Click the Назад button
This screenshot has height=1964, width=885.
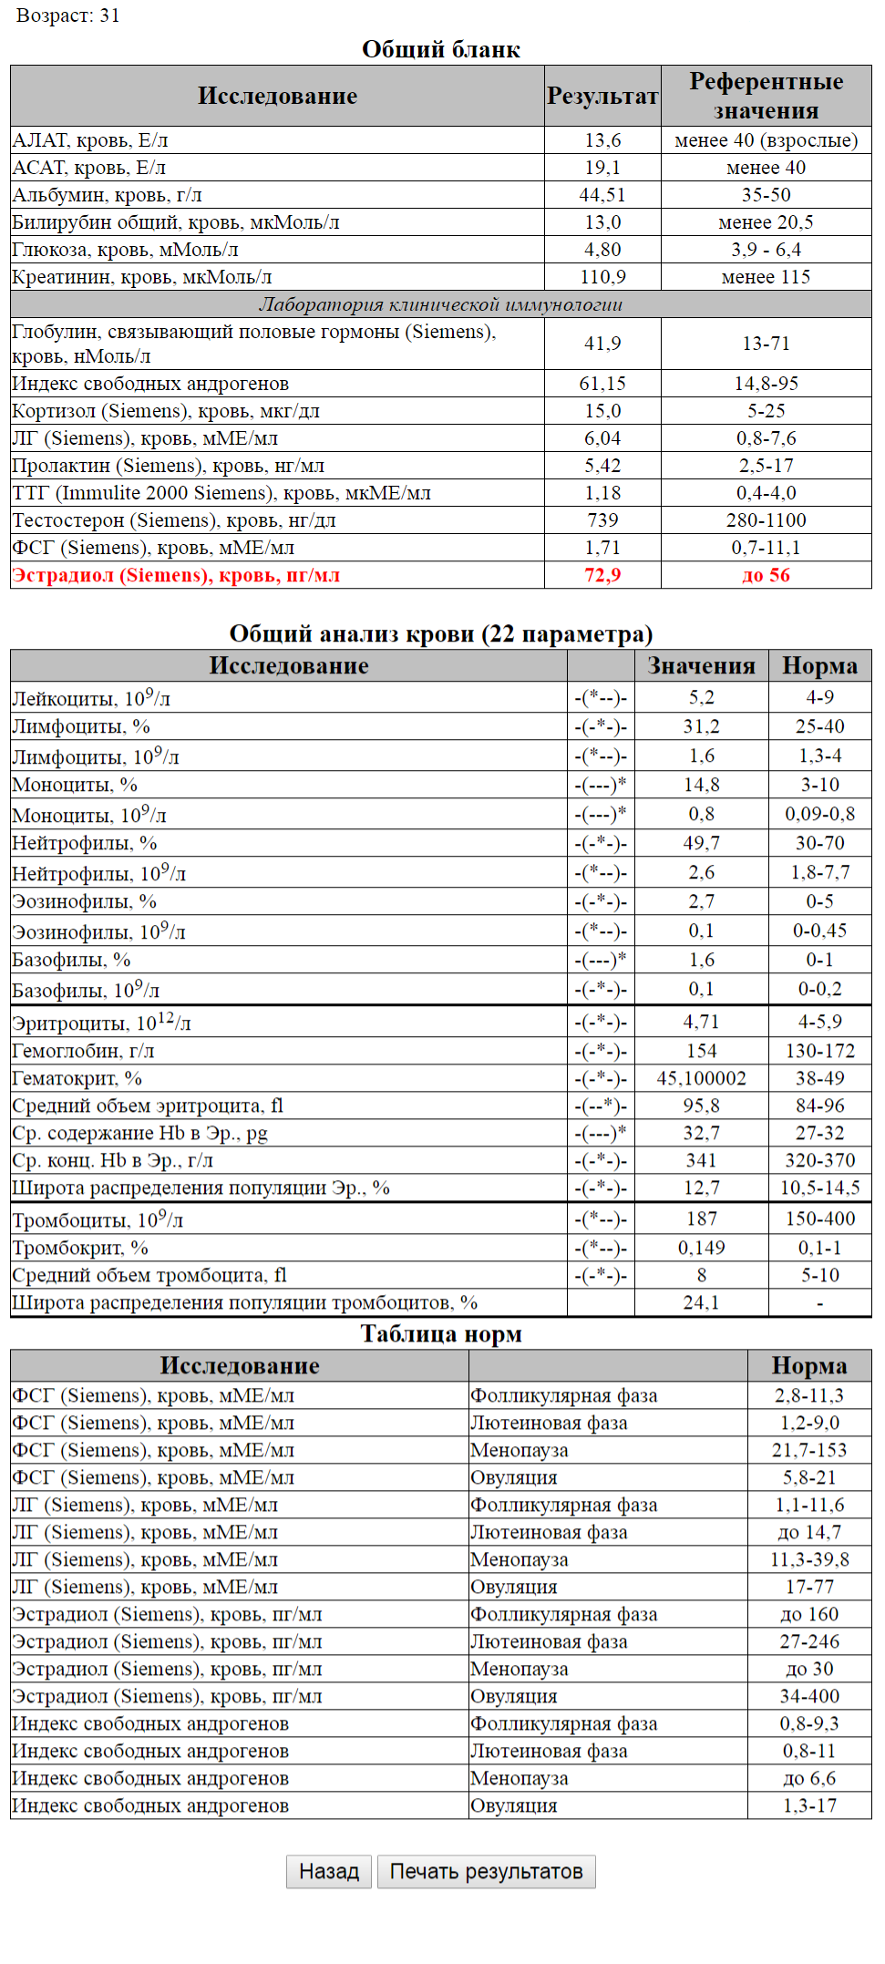pyautogui.click(x=328, y=1871)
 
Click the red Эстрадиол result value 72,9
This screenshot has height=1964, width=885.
pyautogui.click(x=602, y=575)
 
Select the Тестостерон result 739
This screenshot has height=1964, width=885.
pyautogui.click(x=602, y=520)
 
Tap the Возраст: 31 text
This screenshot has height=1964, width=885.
pyautogui.click(x=68, y=15)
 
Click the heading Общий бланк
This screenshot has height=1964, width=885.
pyautogui.click(x=441, y=49)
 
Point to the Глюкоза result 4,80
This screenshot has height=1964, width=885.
pyautogui.click(x=602, y=250)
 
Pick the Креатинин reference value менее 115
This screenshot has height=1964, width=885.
pyautogui.click(x=766, y=277)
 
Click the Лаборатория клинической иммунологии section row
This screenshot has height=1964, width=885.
pyautogui.click(x=441, y=304)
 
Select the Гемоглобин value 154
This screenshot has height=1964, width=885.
pyautogui.click(x=701, y=1051)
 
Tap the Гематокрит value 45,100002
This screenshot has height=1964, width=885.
pyautogui.click(x=701, y=1078)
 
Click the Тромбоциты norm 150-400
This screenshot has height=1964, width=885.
pyautogui.click(x=819, y=1219)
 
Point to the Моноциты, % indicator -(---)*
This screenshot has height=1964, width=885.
pyautogui.click(x=601, y=785)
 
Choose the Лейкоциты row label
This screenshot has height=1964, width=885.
pyautogui.click(x=91, y=699)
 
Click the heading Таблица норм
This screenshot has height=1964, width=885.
pyautogui.click(x=441, y=1333)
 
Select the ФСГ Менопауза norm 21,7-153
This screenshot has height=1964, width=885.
pyautogui.click(x=808, y=1450)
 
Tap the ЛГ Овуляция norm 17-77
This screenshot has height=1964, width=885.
pyautogui.click(x=808, y=1587)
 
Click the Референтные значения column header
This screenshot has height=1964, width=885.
pyautogui.click(x=766, y=96)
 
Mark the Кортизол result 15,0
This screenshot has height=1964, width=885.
pyautogui.click(x=602, y=411)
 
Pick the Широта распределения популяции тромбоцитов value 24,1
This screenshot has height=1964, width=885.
pyautogui.click(x=701, y=1302)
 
